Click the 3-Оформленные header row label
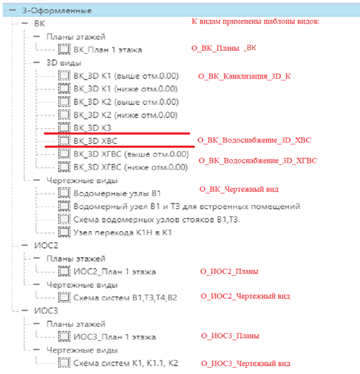point(57,10)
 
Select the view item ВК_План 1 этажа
point(108,50)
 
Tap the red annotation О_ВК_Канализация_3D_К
point(244,77)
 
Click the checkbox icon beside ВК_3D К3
point(64,127)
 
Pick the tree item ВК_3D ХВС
point(95,141)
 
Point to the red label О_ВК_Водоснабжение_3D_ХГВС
point(258,161)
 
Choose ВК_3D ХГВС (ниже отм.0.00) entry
point(130,167)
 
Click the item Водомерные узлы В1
point(117,193)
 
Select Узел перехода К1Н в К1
point(123,232)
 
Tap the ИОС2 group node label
point(46,246)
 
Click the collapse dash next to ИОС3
point(25,311)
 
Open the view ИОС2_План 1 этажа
point(114,271)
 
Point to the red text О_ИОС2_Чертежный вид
point(246,296)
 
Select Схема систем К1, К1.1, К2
point(126,363)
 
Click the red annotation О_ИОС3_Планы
point(230,336)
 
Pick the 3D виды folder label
point(64,63)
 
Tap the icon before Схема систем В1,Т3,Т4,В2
point(64,297)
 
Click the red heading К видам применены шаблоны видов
point(256,21)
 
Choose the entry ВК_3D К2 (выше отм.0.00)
point(126,102)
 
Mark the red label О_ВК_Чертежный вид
point(239,189)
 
